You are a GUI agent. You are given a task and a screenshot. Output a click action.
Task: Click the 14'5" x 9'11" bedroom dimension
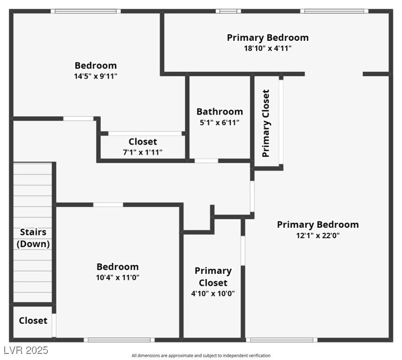coord(96,76)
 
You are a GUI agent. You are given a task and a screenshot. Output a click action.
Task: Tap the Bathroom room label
coord(220,112)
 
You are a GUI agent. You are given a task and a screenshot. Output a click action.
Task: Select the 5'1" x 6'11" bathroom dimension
coord(220,122)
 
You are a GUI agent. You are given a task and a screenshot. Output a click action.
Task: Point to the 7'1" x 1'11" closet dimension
coord(143,152)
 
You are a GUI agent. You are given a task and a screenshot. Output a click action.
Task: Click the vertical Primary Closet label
coord(266,123)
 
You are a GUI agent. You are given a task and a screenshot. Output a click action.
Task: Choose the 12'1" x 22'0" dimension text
coord(318,235)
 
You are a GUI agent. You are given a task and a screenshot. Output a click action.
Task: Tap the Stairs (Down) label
coord(33,238)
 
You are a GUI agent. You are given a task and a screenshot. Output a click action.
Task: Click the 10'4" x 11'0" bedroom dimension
coord(117,277)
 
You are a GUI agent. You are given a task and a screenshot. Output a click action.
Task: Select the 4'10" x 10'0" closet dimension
coord(213,294)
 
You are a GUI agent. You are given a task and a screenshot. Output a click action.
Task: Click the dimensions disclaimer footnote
coord(201,356)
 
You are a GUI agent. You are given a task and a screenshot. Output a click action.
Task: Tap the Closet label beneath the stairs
coord(33,321)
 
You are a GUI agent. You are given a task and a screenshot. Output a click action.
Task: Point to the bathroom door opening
coord(206,161)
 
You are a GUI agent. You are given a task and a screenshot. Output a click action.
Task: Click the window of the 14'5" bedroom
coord(87,11)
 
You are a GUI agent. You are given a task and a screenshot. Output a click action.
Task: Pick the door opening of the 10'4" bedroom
coord(108,204)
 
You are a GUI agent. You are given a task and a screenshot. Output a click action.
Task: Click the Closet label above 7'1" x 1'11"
coord(143,142)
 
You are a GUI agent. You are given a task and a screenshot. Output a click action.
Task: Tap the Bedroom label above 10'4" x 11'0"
coord(117,267)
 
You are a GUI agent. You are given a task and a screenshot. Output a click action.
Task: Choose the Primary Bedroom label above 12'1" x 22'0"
coord(318,225)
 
